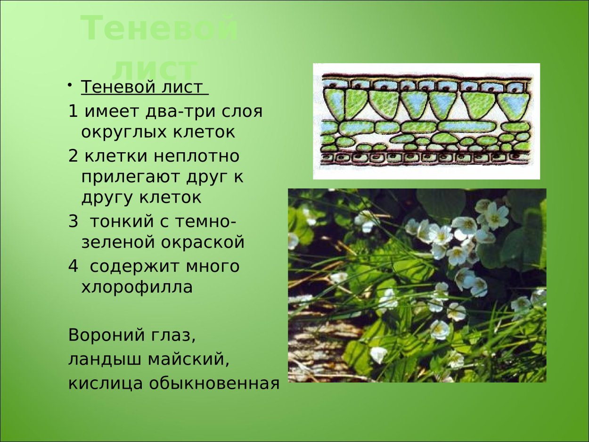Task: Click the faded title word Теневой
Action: tap(159, 28)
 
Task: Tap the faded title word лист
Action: tap(154, 70)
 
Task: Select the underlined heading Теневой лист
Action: tap(144, 87)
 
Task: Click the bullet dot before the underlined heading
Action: tap(70, 85)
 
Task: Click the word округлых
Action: tap(124, 132)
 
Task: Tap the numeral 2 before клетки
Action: tap(73, 156)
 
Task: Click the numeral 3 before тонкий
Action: tap(73, 221)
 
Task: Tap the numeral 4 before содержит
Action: tap(73, 266)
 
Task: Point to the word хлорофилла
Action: tap(137, 287)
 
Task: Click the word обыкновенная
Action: tap(214, 383)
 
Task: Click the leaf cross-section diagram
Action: tap(426, 121)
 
